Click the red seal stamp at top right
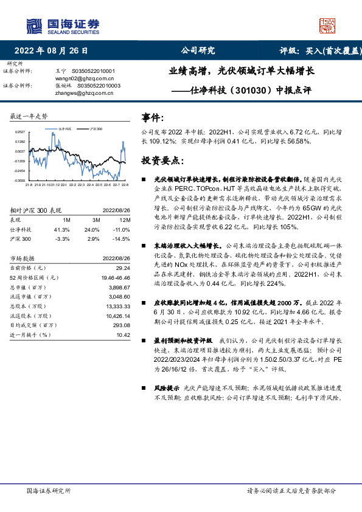coord(328,24)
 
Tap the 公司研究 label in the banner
coord(198,51)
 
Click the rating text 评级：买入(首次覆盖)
coord(321,51)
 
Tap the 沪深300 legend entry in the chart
coord(94,130)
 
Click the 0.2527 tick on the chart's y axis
coord(20,132)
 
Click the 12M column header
coord(125,220)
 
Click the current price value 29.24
coord(123,268)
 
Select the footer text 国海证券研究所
coord(49,490)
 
